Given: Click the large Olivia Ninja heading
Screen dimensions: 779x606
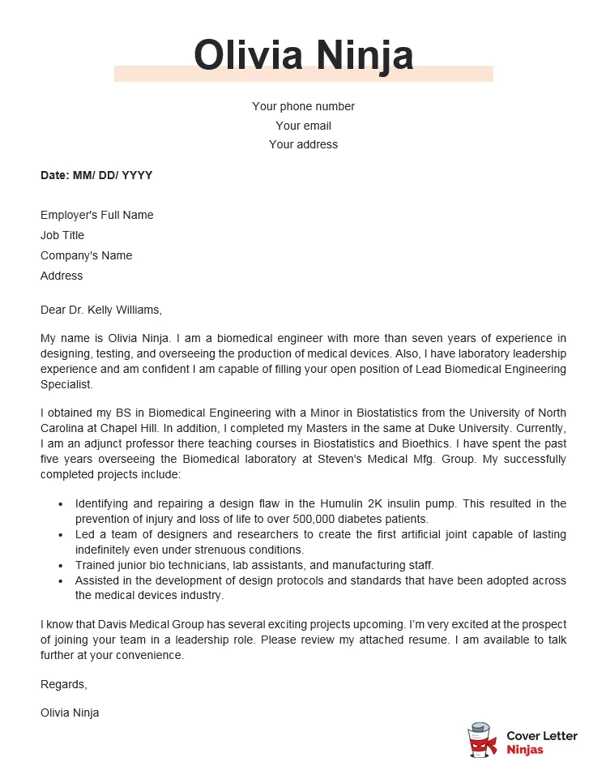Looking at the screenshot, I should [x=303, y=55].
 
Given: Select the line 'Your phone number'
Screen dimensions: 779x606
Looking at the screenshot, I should [x=303, y=106].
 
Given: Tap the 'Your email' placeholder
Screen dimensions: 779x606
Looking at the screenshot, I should [x=303, y=126].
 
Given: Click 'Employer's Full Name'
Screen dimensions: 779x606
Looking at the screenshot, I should [x=96, y=215].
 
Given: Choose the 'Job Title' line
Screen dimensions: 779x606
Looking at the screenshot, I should [x=62, y=235].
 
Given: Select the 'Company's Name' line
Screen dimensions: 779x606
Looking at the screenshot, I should [x=86, y=255].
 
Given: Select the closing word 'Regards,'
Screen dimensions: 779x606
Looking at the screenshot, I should [x=63, y=684].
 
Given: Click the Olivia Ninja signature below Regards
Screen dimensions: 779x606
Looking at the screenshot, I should [x=70, y=713].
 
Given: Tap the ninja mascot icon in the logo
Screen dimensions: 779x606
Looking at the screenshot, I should [x=482, y=741].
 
